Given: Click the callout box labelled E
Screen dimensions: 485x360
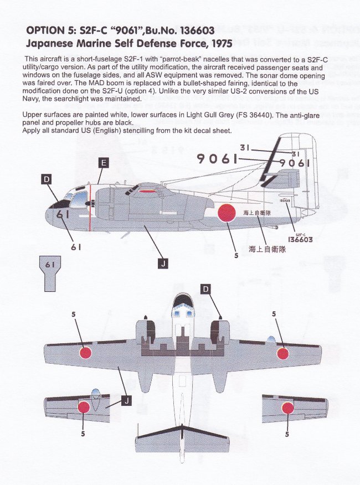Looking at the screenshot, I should tap(104, 163).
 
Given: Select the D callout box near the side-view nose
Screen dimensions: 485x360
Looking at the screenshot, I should tap(47, 178).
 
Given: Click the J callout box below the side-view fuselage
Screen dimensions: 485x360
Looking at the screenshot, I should tap(163, 264).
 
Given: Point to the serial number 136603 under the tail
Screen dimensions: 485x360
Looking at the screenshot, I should tap(301, 240).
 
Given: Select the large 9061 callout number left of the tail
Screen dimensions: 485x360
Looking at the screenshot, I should tap(217, 159).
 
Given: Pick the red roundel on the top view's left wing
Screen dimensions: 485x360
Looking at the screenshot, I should tap(85, 352).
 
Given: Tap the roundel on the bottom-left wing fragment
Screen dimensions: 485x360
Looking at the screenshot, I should tap(84, 407).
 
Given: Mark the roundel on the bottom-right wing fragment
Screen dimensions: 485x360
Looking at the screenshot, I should tap(288, 409).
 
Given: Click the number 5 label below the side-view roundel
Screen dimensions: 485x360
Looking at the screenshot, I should tap(235, 256).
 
